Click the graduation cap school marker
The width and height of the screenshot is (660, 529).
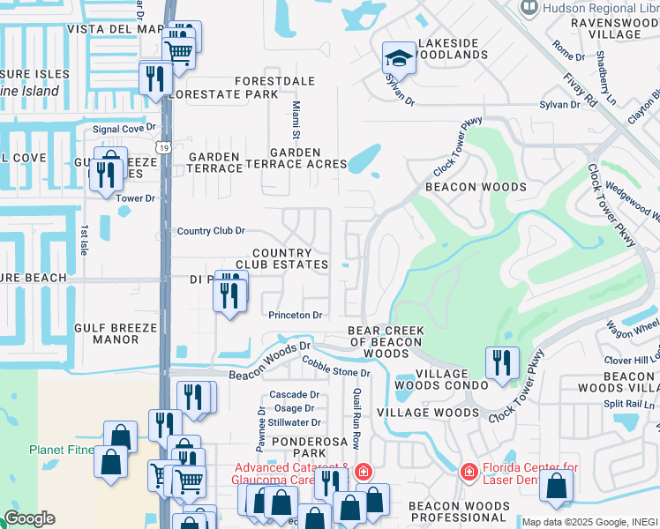click(x=399, y=60)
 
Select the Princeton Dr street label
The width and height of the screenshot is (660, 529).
click(x=296, y=315)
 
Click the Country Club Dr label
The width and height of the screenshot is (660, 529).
click(x=211, y=231)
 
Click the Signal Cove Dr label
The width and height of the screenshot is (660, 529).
click(x=124, y=129)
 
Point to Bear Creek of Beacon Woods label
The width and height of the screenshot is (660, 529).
click(x=386, y=342)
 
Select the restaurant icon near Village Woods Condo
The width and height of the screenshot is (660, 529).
click(x=501, y=364)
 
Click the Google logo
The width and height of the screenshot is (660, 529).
click(x=29, y=518)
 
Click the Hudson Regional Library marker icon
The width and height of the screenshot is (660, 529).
click(x=530, y=8)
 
